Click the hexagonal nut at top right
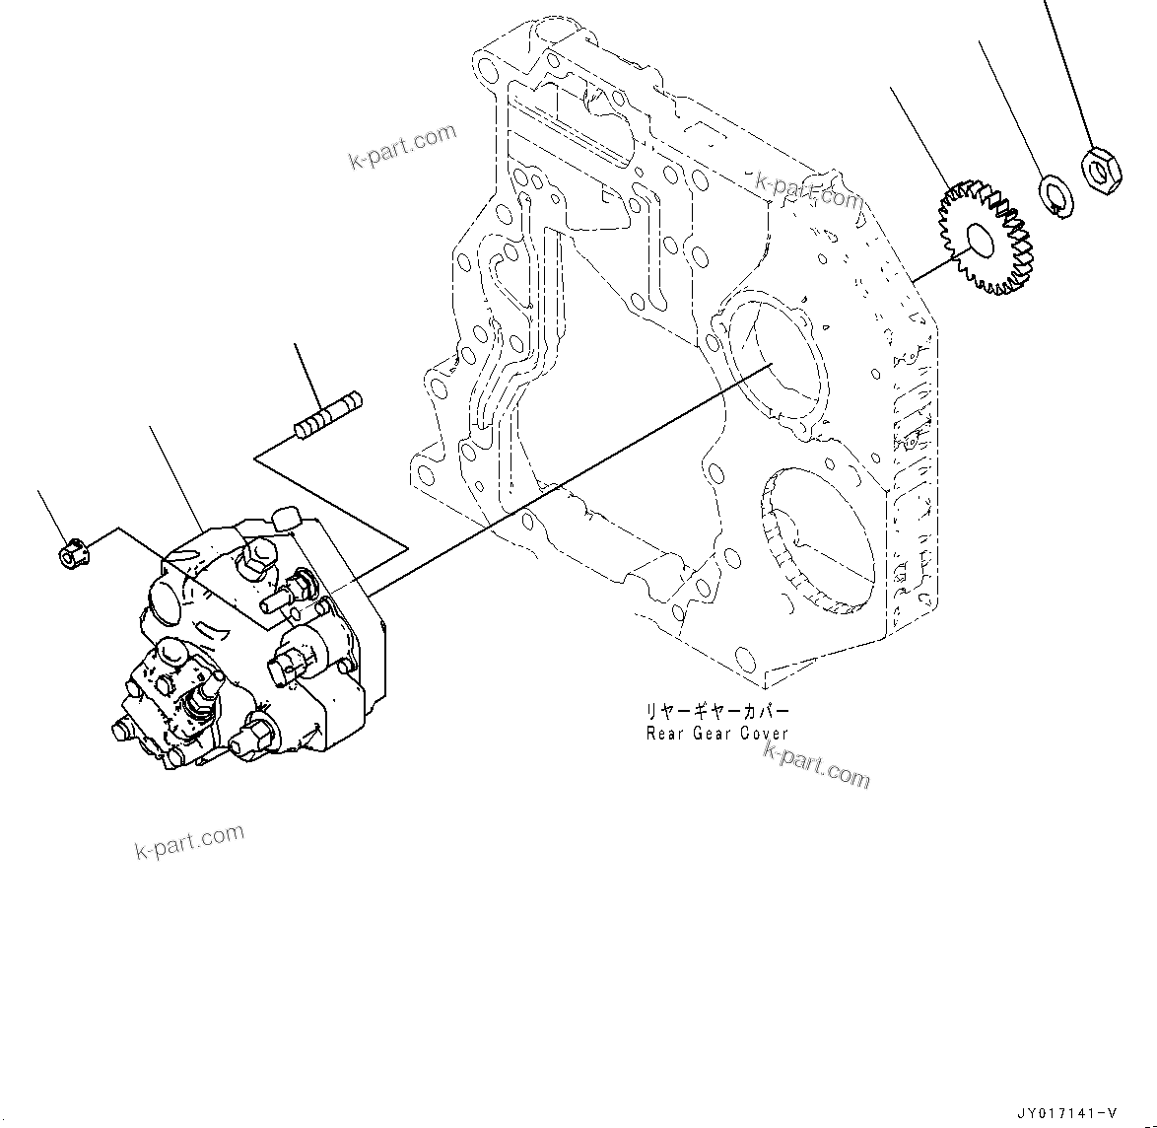coord(1099,170)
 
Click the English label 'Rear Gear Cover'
coord(716,733)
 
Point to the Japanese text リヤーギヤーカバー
coord(716,711)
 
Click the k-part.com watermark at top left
coord(403,146)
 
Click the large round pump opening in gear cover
coord(778,360)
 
